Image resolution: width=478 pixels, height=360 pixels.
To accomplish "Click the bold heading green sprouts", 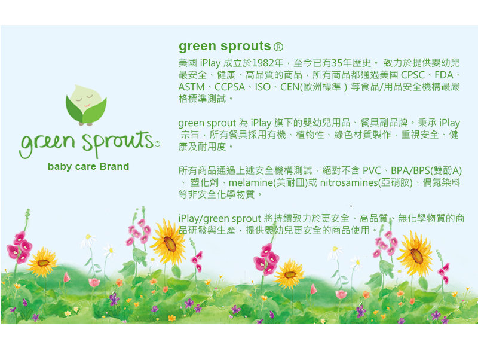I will coord(225,47).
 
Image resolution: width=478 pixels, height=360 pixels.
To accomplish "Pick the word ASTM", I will coord(191,87).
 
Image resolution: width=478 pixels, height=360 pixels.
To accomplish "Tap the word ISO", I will coord(263,87).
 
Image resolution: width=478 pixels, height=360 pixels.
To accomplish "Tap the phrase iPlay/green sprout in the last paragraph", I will coord(219,218).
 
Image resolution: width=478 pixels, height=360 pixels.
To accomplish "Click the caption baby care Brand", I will coord(88,166).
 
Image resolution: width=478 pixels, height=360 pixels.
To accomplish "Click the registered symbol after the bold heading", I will coord(278,47).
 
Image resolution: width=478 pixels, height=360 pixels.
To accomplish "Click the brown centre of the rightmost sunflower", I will coord(416,256).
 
